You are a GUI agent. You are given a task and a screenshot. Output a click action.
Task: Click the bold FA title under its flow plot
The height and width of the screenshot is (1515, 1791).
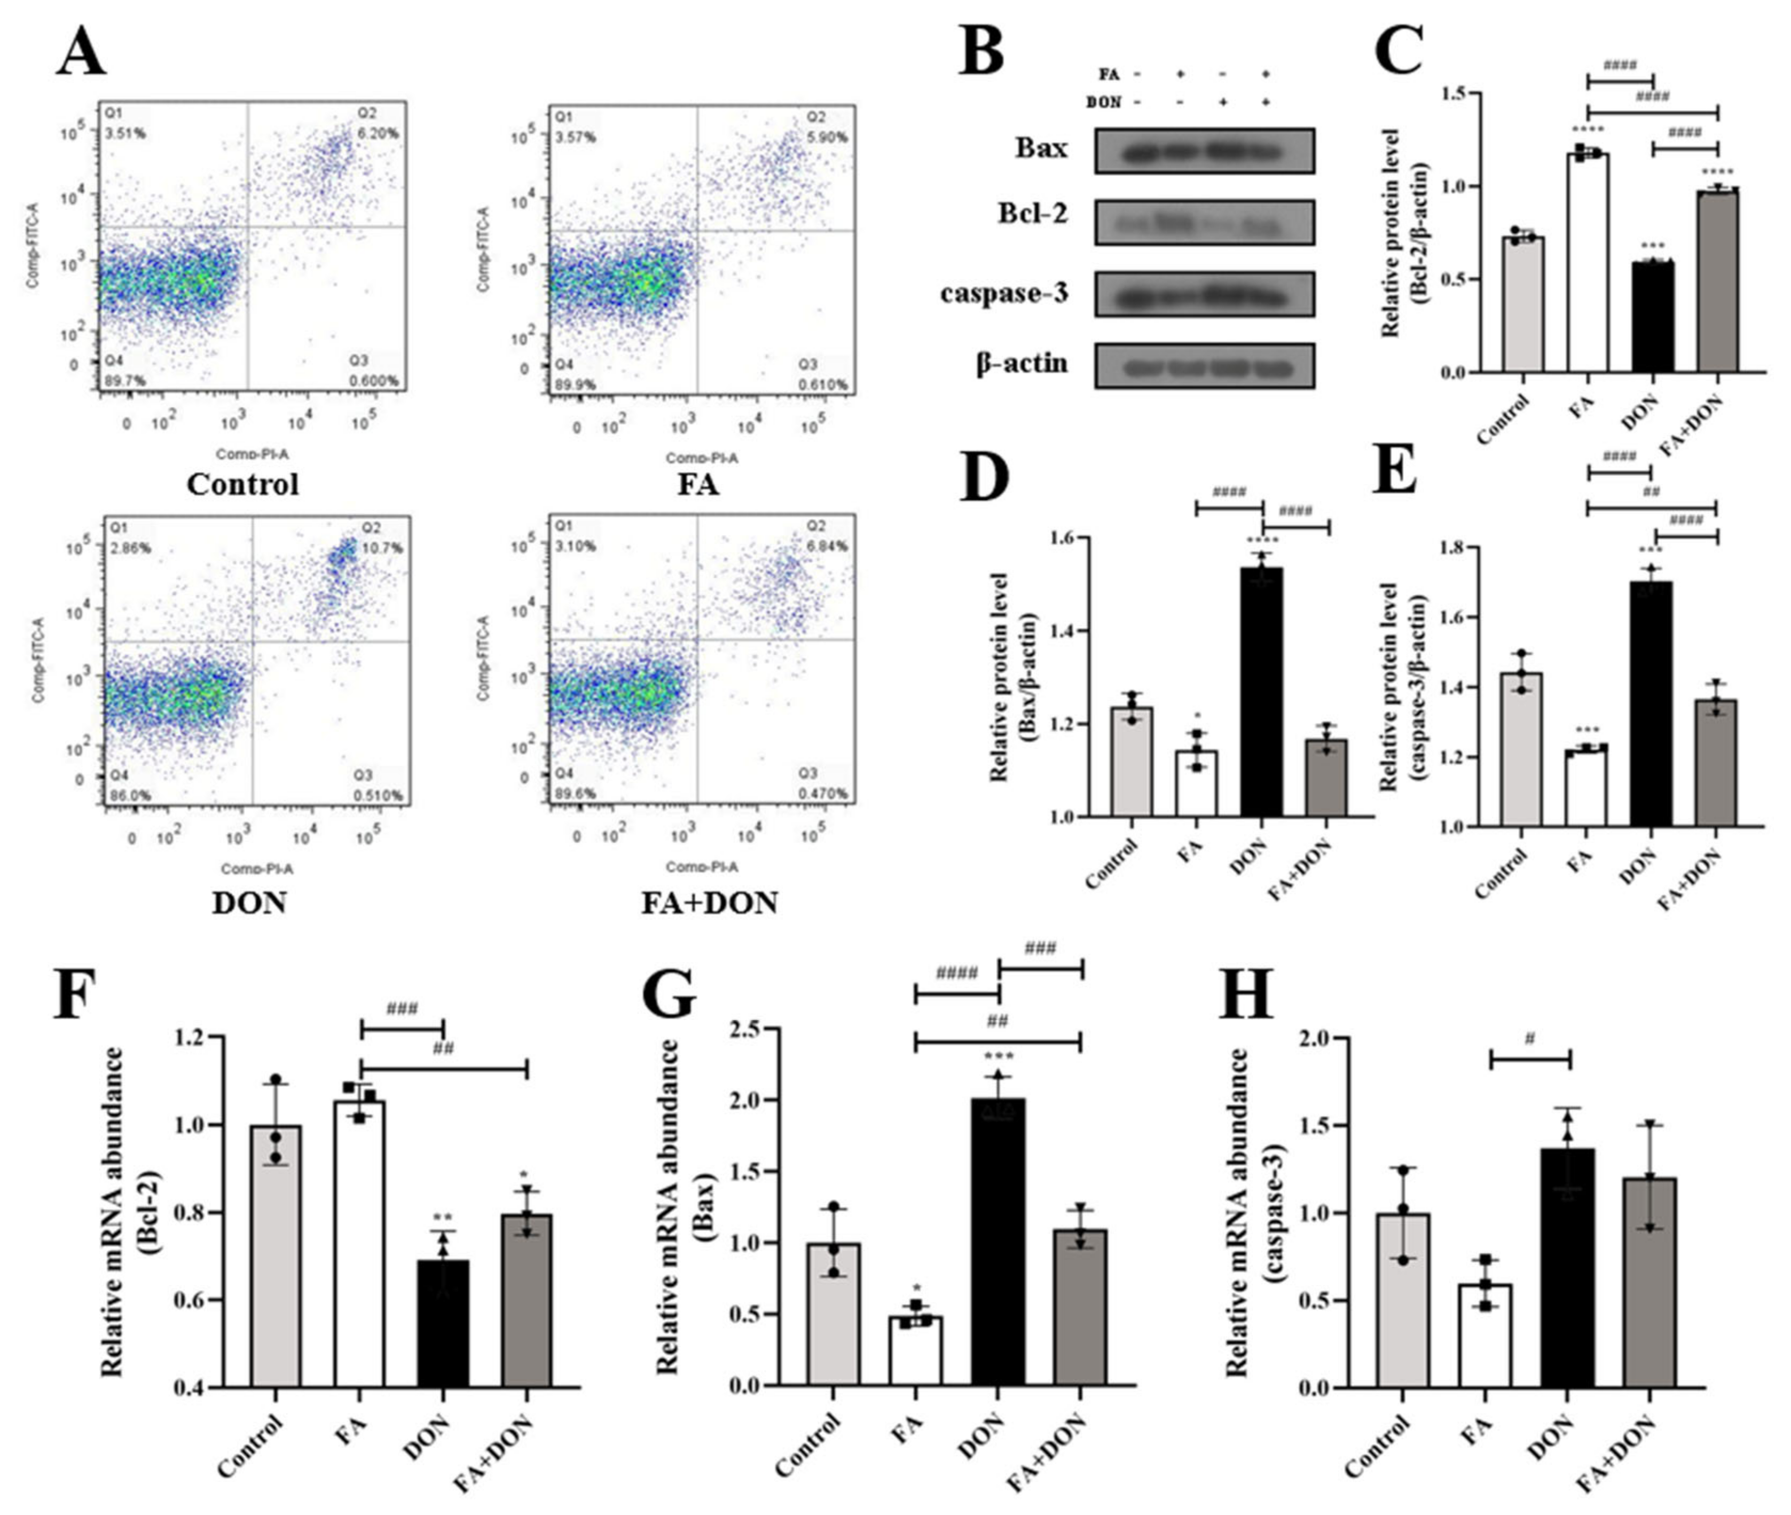(x=697, y=484)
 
